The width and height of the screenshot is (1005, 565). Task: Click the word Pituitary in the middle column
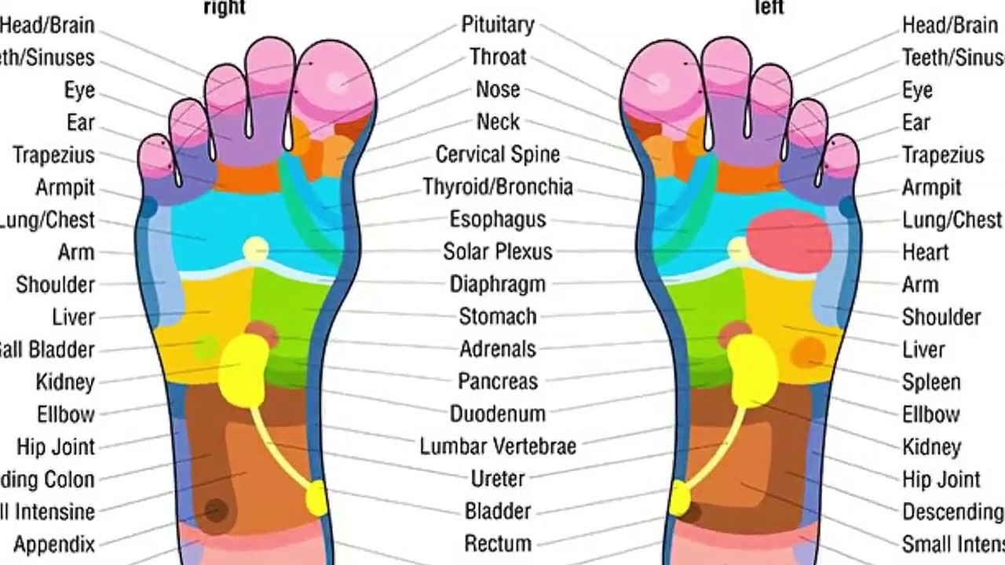[498, 25]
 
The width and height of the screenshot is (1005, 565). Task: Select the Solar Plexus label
[498, 252]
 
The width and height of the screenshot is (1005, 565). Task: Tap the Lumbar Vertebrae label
[498, 447]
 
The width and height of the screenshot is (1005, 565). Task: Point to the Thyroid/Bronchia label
[498, 187]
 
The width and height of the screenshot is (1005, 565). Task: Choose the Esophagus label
[498, 220]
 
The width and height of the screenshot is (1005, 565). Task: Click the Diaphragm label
[498, 284]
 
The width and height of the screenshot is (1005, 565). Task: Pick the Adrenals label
[498, 348]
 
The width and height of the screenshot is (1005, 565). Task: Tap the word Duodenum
[498, 414]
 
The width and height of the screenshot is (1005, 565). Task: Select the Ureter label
[498, 478]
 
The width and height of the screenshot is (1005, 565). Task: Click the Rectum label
[498, 543]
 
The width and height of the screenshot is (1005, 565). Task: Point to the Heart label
[926, 252]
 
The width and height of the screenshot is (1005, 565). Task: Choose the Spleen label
[931, 382]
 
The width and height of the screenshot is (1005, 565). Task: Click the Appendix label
[54, 544]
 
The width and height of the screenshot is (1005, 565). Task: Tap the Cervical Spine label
[498, 155]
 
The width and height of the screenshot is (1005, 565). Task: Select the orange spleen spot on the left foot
[808, 352]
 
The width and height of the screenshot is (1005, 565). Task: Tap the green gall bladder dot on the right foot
[206, 345]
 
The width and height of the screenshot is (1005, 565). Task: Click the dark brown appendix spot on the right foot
[216, 511]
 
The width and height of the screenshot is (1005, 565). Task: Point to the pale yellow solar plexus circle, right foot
[255, 250]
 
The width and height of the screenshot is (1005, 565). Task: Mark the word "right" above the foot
[225, 8]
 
